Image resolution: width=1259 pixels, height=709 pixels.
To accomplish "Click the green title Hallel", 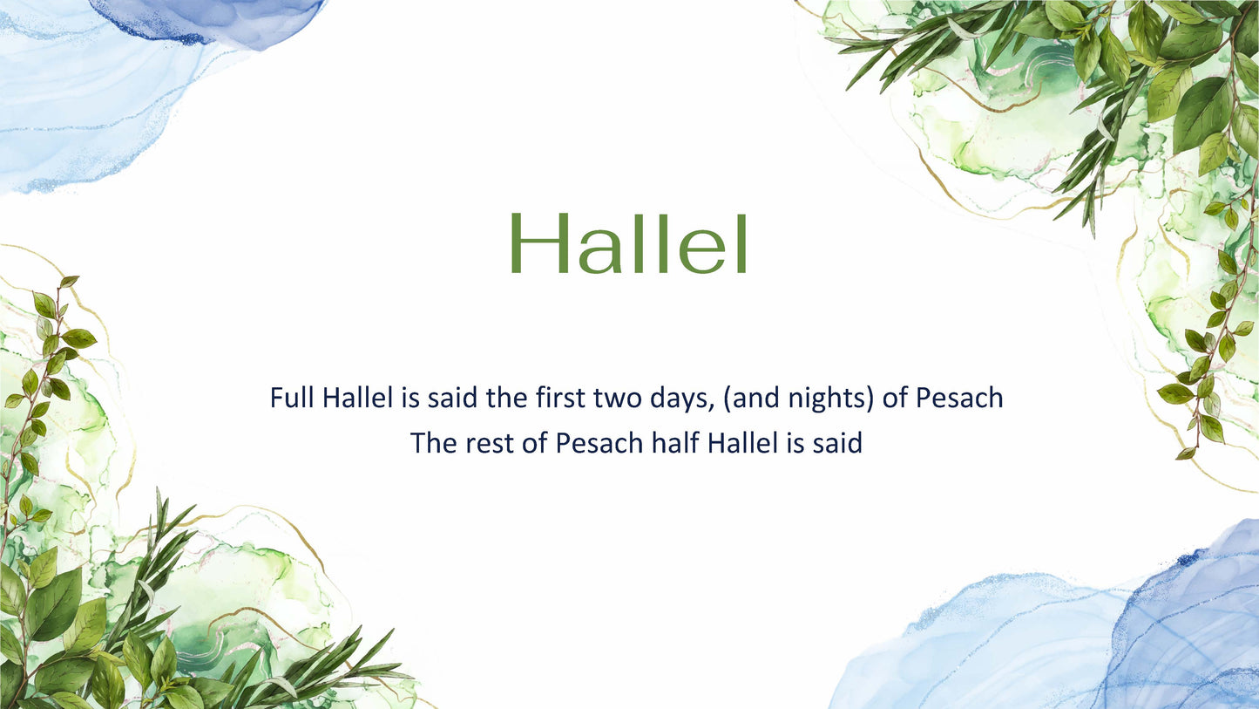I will pos(628,245).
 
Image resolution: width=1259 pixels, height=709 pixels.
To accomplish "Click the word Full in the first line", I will pos(292,399).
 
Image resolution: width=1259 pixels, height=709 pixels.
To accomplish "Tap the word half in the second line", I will pos(675,443).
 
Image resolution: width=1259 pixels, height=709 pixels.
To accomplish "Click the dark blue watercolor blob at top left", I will pos(209,17).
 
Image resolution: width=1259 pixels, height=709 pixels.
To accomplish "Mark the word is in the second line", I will pos(795,443).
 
